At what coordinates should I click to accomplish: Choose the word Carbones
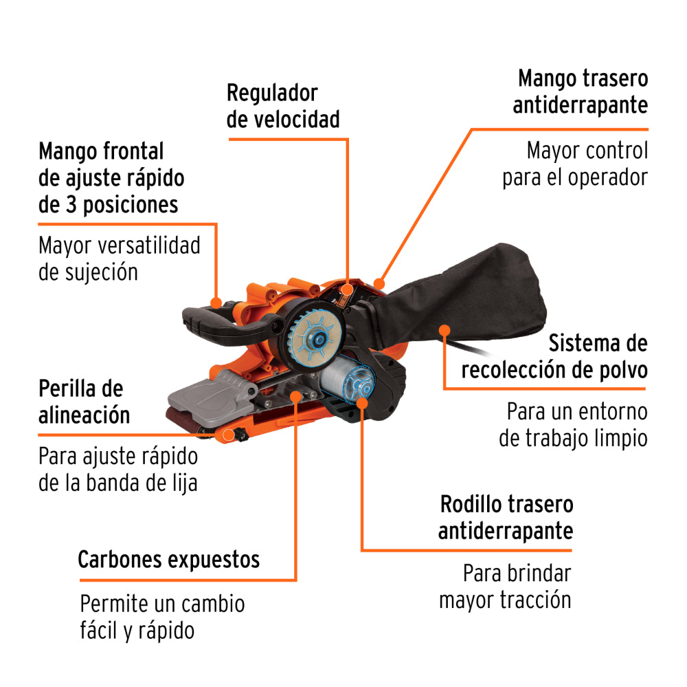tap(117, 559)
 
